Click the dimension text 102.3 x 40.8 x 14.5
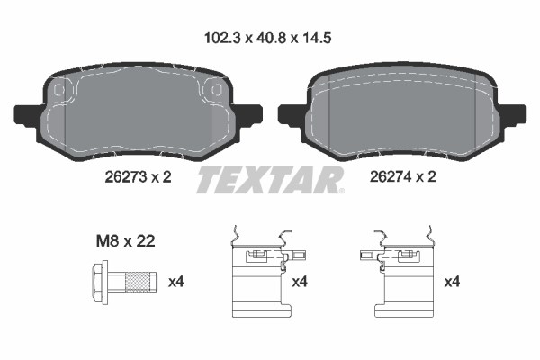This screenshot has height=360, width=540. coord(268,38)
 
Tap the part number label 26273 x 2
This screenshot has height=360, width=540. coord(138,177)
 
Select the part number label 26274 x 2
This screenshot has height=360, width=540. coord(403,176)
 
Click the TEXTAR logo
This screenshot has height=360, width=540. coord(270,179)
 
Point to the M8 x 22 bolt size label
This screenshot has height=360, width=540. coord(125,241)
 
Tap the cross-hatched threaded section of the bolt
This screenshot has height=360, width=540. coord(138,282)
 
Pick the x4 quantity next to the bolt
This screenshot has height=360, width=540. coord(176,282)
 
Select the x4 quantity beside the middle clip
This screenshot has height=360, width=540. coord(300,282)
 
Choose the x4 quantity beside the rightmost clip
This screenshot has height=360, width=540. coord(452,282)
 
